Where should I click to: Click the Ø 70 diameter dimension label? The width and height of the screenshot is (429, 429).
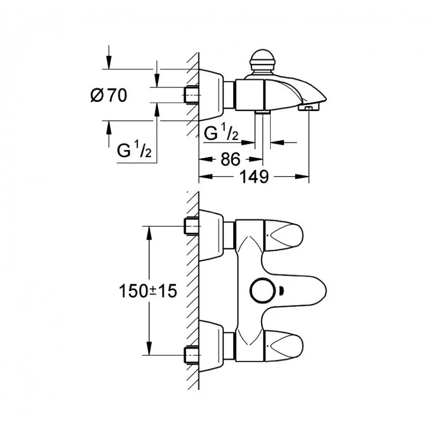click(109, 95)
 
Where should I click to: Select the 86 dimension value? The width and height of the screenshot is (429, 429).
click(231, 159)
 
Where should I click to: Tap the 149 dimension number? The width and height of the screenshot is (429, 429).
click(254, 177)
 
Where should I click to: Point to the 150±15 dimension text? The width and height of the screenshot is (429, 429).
click(148, 291)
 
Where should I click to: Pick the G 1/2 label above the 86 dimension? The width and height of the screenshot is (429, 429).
click(221, 131)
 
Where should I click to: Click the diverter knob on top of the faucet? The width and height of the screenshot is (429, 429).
click(262, 62)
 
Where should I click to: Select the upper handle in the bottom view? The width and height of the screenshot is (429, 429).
click(284, 235)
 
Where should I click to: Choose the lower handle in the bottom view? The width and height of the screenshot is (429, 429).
click(284, 346)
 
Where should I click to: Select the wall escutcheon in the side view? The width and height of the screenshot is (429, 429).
click(211, 95)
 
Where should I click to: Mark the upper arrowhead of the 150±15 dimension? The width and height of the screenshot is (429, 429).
click(149, 233)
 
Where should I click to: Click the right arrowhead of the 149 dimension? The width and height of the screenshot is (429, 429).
click(302, 177)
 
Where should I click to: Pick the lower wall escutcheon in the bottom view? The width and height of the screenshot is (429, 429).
click(211, 346)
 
